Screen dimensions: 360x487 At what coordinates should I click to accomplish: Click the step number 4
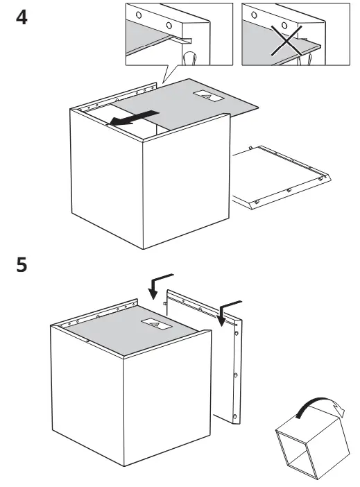[x=22, y=17]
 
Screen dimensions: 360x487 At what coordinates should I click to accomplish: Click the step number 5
[x=22, y=265]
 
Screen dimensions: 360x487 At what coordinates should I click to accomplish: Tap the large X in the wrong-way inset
[x=286, y=41]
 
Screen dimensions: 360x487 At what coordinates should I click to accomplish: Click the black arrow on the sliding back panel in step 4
[x=134, y=118]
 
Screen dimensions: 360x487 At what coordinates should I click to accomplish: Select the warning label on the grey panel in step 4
[x=208, y=95]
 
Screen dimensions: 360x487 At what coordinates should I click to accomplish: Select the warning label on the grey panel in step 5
[x=157, y=324]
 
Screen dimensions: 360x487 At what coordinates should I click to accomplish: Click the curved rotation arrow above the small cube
[x=320, y=406]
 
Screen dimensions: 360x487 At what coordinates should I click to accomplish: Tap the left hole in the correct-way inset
[x=139, y=15]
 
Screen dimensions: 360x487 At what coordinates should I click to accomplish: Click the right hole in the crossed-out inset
[x=284, y=26]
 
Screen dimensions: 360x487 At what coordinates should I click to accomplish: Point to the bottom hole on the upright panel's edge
[x=235, y=416]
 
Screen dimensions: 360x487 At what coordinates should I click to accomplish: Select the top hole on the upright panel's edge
[x=237, y=333]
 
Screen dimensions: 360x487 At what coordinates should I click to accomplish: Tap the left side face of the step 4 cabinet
[x=107, y=178]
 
